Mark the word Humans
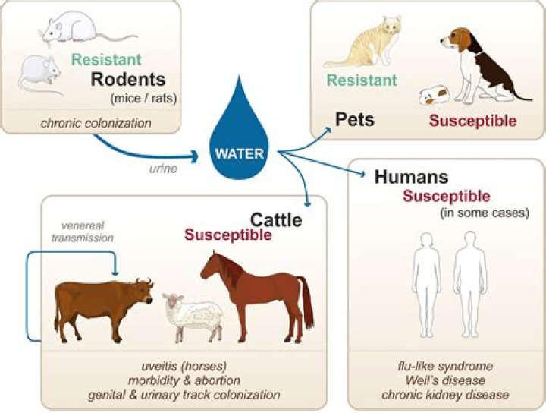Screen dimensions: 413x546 pyautogui.click(x=411, y=178)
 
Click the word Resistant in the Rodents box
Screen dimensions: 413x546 pyautogui.click(x=106, y=58)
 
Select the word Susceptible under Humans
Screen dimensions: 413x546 pyautogui.click(x=446, y=197)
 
